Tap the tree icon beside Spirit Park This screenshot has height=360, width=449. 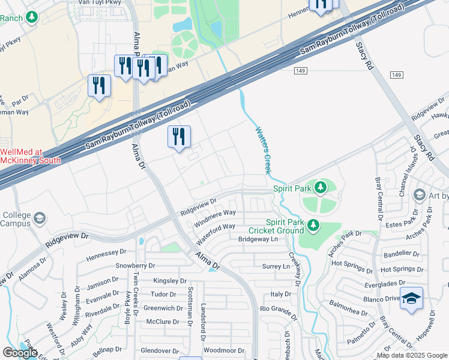(321, 187)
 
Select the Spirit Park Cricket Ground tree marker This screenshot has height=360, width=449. (313, 226)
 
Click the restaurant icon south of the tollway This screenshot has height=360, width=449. (179, 137)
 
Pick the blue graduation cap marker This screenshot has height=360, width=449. (411, 298)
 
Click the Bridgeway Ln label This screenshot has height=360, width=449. (259, 239)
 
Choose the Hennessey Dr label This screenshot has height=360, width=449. (107, 254)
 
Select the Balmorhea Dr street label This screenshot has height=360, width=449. (349, 312)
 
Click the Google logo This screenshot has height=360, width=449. (20, 353)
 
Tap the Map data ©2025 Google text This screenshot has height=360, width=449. (411, 355)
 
